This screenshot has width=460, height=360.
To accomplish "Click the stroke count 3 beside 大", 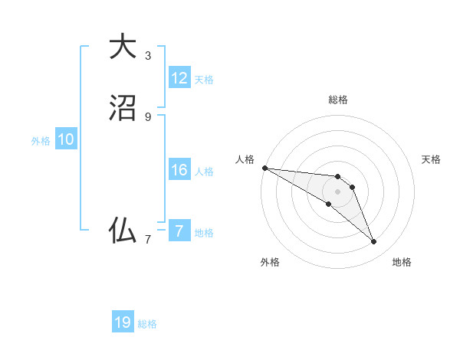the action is pyautogui.click(x=147, y=56).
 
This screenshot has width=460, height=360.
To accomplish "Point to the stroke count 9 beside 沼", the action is pyautogui.click(x=147, y=116).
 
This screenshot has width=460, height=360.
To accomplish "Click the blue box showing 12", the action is pyautogui.click(x=179, y=78).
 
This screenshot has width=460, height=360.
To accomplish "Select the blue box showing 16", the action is pyautogui.click(x=179, y=170).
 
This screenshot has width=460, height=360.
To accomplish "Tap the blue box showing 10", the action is pyautogui.click(x=66, y=139).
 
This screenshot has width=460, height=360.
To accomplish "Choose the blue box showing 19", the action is pyautogui.click(x=123, y=322).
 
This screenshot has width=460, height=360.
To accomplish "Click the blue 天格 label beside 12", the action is pyautogui.click(x=204, y=80).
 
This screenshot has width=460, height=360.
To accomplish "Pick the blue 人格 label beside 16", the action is pyautogui.click(x=204, y=172).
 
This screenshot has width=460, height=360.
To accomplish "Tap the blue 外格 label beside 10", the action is pyautogui.click(x=41, y=141).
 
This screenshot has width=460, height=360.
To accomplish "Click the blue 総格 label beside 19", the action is pyautogui.click(x=147, y=324).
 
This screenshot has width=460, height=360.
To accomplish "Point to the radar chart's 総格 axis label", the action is pyautogui.click(x=338, y=100).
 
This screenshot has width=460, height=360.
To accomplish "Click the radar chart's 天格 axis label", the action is pyautogui.click(x=431, y=159).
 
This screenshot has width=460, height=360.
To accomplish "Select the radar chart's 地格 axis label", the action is pyautogui.click(x=402, y=262).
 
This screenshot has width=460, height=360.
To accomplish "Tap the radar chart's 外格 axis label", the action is pyautogui.click(x=270, y=262).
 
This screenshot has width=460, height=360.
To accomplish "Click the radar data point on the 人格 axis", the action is pyautogui.click(x=264, y=167).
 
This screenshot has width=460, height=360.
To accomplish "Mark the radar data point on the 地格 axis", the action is pyautogui.click(x=373, y=242).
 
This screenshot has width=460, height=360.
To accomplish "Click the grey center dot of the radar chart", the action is pyautogui.click(x=338, y=191).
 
